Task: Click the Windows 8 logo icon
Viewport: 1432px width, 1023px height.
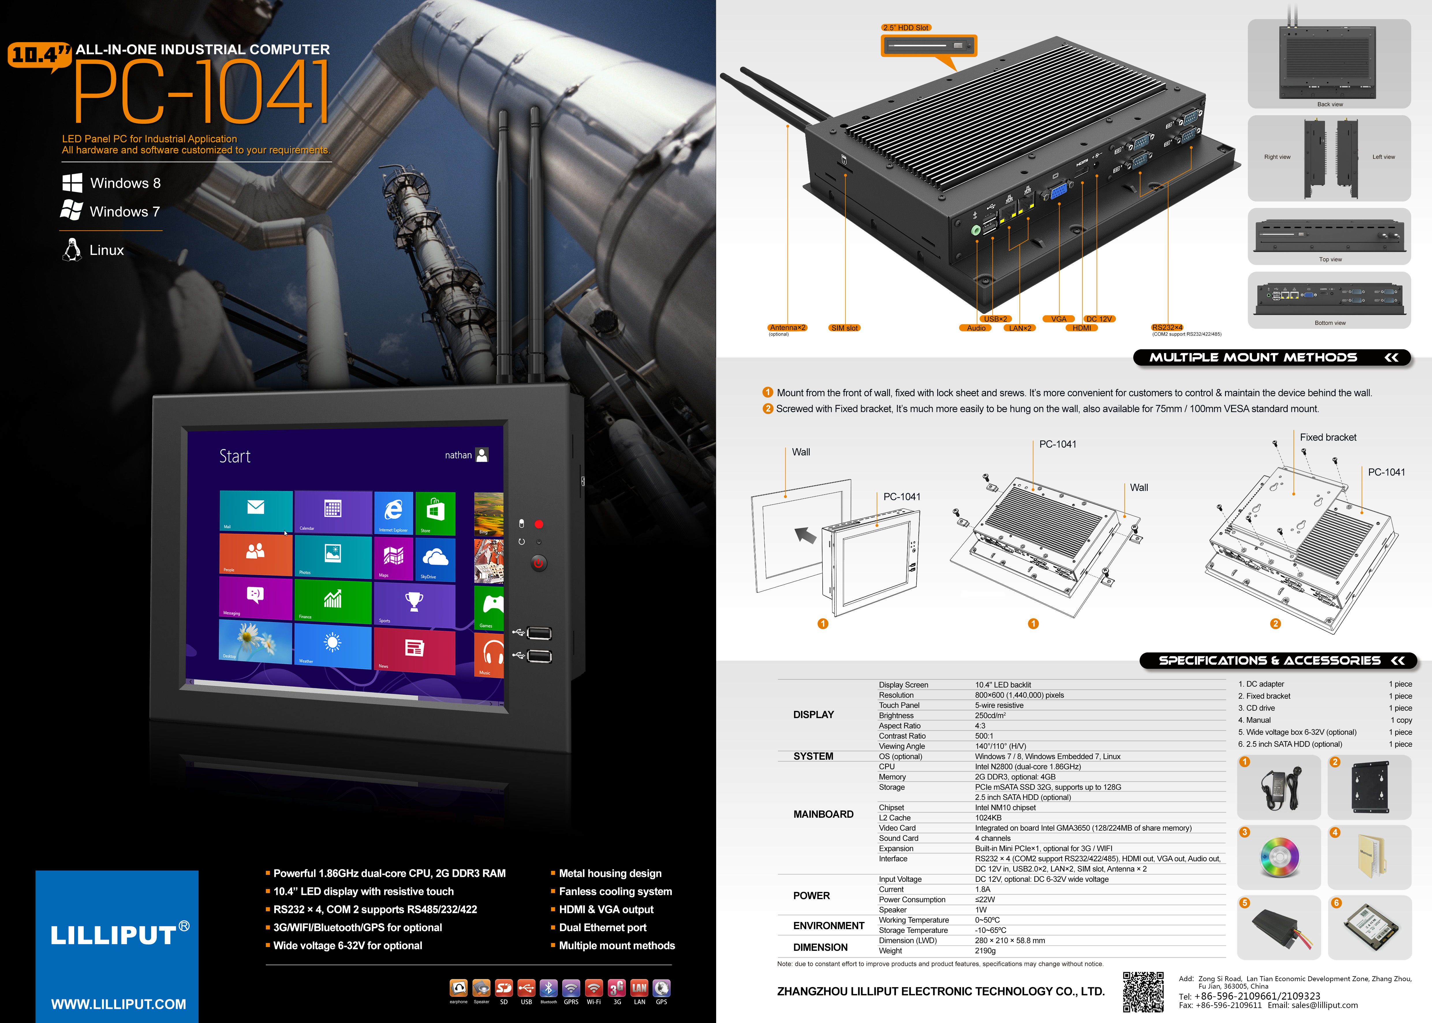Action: [x=72, y=183]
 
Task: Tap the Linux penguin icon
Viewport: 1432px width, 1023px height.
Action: [x=72, y=249]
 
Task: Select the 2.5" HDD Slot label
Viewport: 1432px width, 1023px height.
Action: [x=905, y=28]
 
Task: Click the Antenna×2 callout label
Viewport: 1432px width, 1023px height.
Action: [x=787, y=327]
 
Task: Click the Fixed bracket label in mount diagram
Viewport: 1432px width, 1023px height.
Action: [x=1328, y=437]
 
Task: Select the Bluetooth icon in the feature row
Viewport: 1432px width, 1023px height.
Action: [x=548, y=988]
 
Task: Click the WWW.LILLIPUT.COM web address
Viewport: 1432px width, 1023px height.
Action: [x=118, y=1004]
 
